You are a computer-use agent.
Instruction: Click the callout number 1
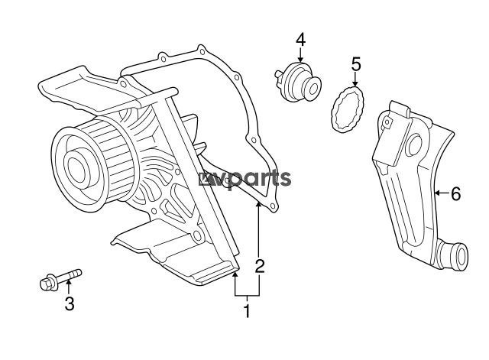247,310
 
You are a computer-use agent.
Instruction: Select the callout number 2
260,266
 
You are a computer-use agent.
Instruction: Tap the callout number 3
70,303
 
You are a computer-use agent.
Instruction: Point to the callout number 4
300,40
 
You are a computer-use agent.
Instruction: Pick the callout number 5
356,64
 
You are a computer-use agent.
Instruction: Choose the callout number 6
455,194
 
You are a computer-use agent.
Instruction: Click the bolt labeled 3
60,280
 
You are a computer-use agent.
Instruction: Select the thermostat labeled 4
297,82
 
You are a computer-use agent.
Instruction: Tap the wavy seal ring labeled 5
347,109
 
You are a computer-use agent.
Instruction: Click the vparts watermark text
245,180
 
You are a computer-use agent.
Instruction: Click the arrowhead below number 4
300,60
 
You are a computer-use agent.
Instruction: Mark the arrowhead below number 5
355,83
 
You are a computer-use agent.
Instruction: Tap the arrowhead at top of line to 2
258,205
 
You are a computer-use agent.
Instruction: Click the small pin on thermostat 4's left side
277,74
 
